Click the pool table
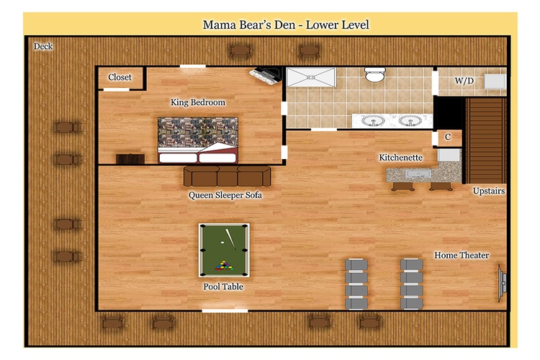point(224,250)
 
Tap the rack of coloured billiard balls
point(224,265)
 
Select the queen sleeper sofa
point(228,176)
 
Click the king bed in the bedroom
point(198,140)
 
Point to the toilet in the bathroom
point(374,74)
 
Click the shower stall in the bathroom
point(311,77)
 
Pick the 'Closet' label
point(120,77)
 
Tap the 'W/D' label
point(464,81)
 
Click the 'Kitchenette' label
point(401,158)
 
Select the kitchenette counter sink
point(418,174)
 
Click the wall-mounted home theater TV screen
point(502,283)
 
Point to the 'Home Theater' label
point(462,256)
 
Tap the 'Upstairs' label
point(489,191)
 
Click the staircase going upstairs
point(486,140)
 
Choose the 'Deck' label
point(43,46)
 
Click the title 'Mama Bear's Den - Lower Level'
point(286,24)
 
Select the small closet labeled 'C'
point(448,138)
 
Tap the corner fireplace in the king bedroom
point(266,75)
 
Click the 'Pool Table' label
point(223,287)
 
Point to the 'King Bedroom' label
point(198,102)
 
